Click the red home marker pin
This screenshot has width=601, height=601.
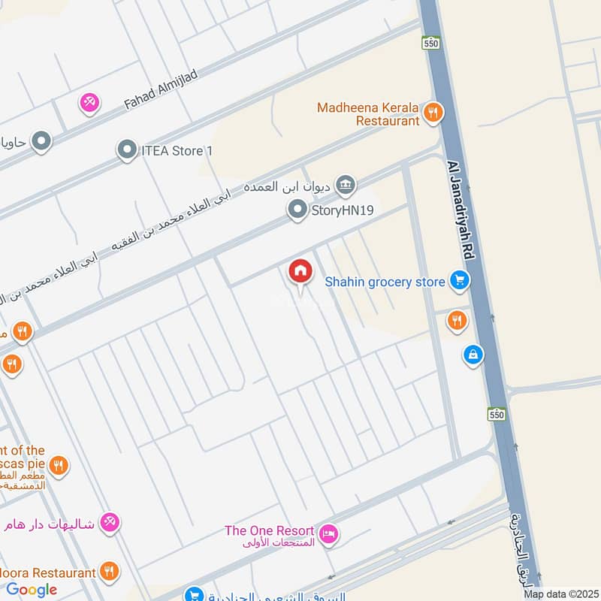[x=300, y=273]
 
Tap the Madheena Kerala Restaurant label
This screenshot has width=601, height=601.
[x=367, y=113]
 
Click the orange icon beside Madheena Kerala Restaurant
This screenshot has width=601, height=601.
[x=433, y=113]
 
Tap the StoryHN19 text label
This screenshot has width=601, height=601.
[x=343, y=211]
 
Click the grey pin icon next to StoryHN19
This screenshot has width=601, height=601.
[x=297, y=210]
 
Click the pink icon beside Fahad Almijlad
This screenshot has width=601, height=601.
[x=89, y=102]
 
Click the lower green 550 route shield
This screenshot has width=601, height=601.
[x=495, y=415]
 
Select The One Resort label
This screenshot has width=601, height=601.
[x=270, y=530]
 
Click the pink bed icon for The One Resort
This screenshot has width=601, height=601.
[x=328, y=536]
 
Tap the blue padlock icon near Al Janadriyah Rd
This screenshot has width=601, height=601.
[x=473, y=354]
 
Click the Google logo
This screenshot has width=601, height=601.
[x=32, y=590]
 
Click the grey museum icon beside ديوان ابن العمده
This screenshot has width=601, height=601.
[x=345, y=184]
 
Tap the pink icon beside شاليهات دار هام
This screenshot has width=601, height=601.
[x=110, y=521]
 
